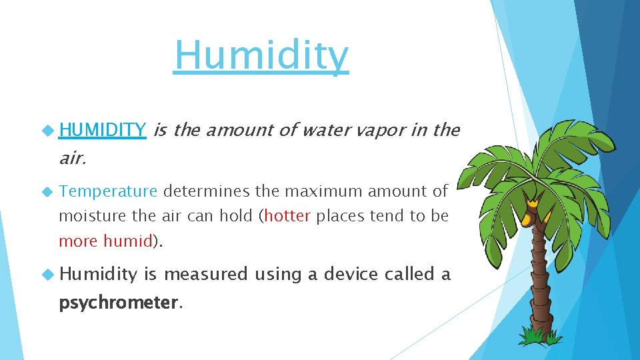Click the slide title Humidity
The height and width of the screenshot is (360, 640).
tap(261, 56)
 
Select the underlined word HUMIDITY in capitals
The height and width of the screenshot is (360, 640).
tap(102, 130)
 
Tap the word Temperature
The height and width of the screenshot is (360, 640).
tap(108, 192)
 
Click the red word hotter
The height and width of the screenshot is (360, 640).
tap(287, 217)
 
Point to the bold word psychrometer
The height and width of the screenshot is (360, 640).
tap(119, 303)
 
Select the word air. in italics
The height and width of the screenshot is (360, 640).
tap(73, 158)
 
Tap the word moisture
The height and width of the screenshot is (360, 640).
tap(87, 217)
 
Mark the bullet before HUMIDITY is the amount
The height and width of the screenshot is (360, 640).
tap(47, 130)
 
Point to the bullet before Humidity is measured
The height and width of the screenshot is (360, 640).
tap(47, 274)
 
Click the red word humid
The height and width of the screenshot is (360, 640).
tap(128, 241)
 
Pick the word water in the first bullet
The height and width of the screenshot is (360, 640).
tap(326, 130)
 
